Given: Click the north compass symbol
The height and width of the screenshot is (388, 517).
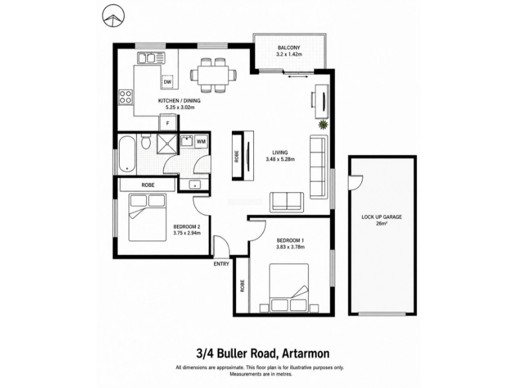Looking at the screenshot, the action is coord(113,16).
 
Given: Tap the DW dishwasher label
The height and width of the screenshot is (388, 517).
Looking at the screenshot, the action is coord(167,82).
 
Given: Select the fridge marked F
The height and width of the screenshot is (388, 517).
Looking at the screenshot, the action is coord(168,123).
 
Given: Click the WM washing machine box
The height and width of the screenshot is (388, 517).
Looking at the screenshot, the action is coord(201,142).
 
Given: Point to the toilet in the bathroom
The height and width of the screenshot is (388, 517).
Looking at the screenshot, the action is coord(145,142).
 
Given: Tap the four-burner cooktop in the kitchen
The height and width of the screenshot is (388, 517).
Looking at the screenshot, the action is coord(125,97).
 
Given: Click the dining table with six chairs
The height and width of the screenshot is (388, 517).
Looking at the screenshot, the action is coord(214,75).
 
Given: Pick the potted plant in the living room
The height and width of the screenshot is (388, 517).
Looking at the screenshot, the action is coord(322,125).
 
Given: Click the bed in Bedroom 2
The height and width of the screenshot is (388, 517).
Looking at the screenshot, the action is coord(147,217).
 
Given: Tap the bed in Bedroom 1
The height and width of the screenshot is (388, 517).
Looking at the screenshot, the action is coord(289,288).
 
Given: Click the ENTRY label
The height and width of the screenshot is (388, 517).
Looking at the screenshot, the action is coord(221,264).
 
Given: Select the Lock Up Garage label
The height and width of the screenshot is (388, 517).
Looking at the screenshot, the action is coord(381,217).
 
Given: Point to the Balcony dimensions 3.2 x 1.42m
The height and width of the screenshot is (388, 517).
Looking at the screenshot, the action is coord(289,54).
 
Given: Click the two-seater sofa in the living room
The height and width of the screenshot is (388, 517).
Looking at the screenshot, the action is coord(287,202).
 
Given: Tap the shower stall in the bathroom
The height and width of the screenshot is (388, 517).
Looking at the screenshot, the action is coord(167,144).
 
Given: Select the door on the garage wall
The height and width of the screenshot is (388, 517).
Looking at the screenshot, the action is coord(355,182).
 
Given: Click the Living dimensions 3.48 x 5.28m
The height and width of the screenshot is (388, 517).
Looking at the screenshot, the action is coord(280,159).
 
